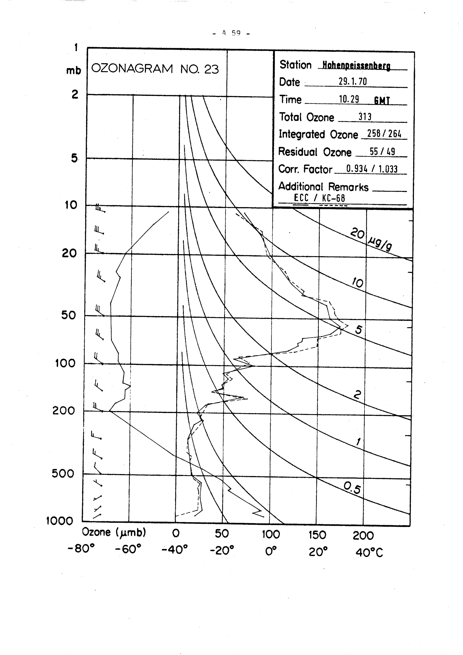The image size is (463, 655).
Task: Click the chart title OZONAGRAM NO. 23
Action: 155,69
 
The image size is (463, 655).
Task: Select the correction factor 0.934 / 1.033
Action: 372,169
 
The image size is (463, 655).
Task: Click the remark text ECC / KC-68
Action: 319,198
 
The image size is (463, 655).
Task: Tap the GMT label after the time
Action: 382,101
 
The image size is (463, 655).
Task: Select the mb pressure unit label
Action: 74,70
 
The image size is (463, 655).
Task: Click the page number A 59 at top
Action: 231,33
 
